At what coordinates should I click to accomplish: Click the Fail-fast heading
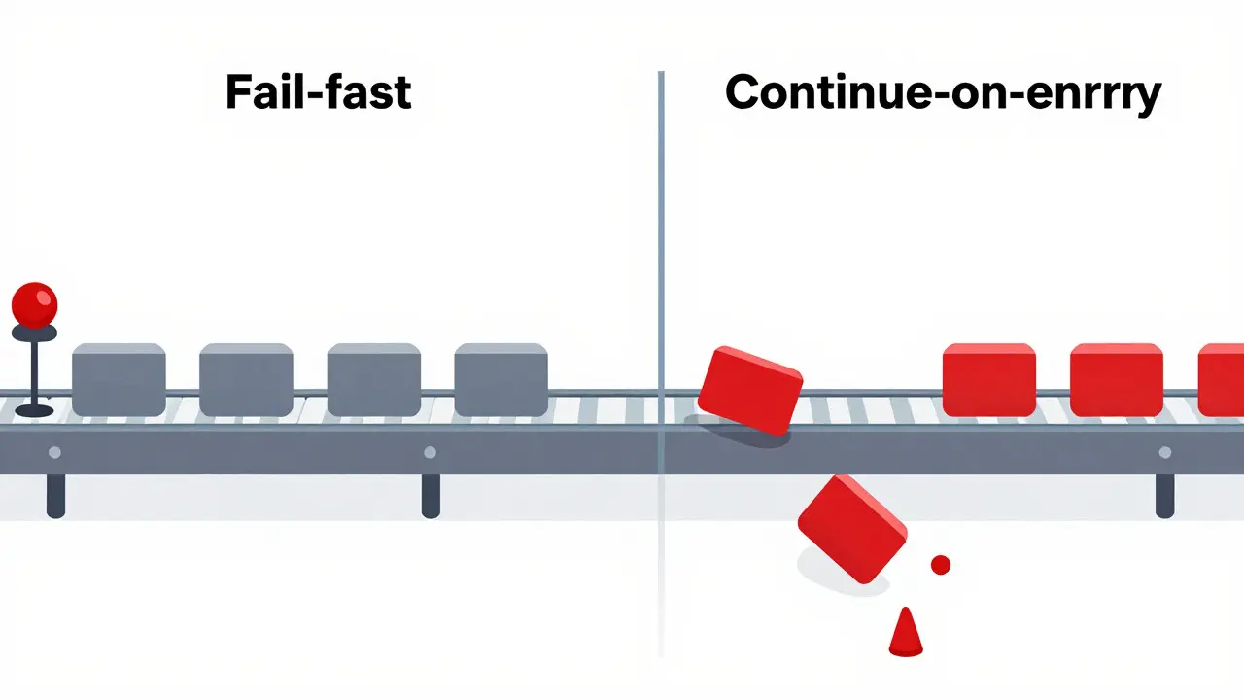click(318, 91)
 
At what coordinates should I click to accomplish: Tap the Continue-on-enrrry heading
click(943, 93)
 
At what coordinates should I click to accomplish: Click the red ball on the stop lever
click(34, 305)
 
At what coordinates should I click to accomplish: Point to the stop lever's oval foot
click(34, 410)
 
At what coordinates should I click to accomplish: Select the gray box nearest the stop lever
click(119, 379)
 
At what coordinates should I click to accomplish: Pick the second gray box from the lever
click(246, 379)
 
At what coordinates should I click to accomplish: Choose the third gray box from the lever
click(374, 379)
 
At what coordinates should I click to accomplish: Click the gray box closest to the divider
click(501, 379)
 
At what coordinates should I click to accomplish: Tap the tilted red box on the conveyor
click(749, 391)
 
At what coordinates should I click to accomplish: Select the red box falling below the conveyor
click(852, 529)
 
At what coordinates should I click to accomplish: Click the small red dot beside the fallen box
click(940, 565)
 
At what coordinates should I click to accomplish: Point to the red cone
click(906, 633)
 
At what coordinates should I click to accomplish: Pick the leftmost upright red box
click(989, 379)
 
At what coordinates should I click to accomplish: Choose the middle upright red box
click(1117, 379)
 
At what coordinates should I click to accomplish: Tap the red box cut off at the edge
click(1222, 379)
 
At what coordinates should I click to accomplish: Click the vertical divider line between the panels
click(661, 364)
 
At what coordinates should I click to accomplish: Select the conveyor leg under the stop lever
click(55, 496)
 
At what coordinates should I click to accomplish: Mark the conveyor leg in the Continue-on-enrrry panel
click(1165, 496)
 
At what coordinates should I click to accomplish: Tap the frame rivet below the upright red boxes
click(1165, 452)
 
